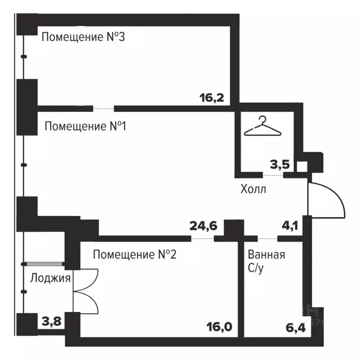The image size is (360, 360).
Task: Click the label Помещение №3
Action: point(83,37)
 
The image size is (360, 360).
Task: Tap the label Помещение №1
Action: point(86,126)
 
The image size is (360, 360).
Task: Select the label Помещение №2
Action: point(135,255)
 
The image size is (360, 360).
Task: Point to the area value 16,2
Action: point(212,98)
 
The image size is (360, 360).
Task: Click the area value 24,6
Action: point(203,226)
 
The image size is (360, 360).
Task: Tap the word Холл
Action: point(253,190)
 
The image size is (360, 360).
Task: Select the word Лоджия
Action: point(50,278)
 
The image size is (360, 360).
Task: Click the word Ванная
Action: point(267,255)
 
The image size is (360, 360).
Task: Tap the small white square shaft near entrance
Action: point(302,166)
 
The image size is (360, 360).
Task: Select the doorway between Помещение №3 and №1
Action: point(103,109)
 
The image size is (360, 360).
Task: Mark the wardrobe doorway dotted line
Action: point(273,176)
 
